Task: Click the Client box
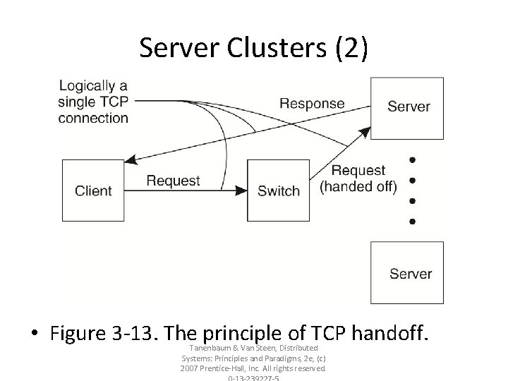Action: click(93, 190)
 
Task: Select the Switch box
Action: click(279, 190)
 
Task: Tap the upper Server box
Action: click(408, 107)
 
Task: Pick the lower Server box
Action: click(408, 273)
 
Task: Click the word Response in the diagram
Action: click(312, 104)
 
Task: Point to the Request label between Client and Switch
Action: click(173, 181)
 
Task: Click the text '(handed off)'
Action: click(358, 186)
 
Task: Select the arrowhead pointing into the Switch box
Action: click(241, 190)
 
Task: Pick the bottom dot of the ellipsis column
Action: click(413, 222)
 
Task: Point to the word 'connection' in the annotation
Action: click(93, 118)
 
